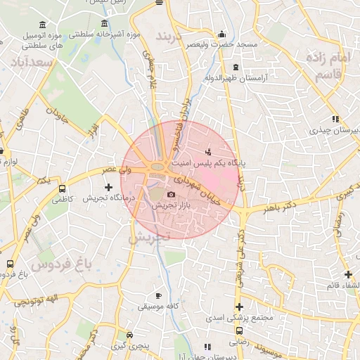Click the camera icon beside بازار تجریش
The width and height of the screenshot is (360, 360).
click(171, 195)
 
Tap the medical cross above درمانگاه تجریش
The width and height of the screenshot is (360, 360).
click(108, 187)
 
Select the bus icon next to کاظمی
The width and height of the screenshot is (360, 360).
click(63, 189)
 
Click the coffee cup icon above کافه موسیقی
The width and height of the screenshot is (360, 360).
click(158, 296)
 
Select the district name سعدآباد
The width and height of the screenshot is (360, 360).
click(29, 63)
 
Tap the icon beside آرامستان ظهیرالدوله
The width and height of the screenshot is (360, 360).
click(236, 67)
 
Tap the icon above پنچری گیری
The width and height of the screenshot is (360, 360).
click(129, 335)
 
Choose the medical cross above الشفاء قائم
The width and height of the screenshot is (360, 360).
click(348, 274)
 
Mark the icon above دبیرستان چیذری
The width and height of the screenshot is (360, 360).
click(335, 120)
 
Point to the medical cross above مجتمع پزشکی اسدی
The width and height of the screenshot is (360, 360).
click(240, 307)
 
